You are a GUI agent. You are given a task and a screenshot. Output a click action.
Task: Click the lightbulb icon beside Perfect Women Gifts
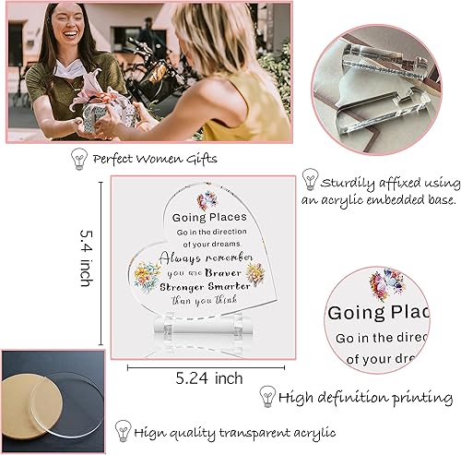(x=79, y=158)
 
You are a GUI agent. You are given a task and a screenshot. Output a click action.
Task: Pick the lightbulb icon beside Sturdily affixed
(x=312, y=180)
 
